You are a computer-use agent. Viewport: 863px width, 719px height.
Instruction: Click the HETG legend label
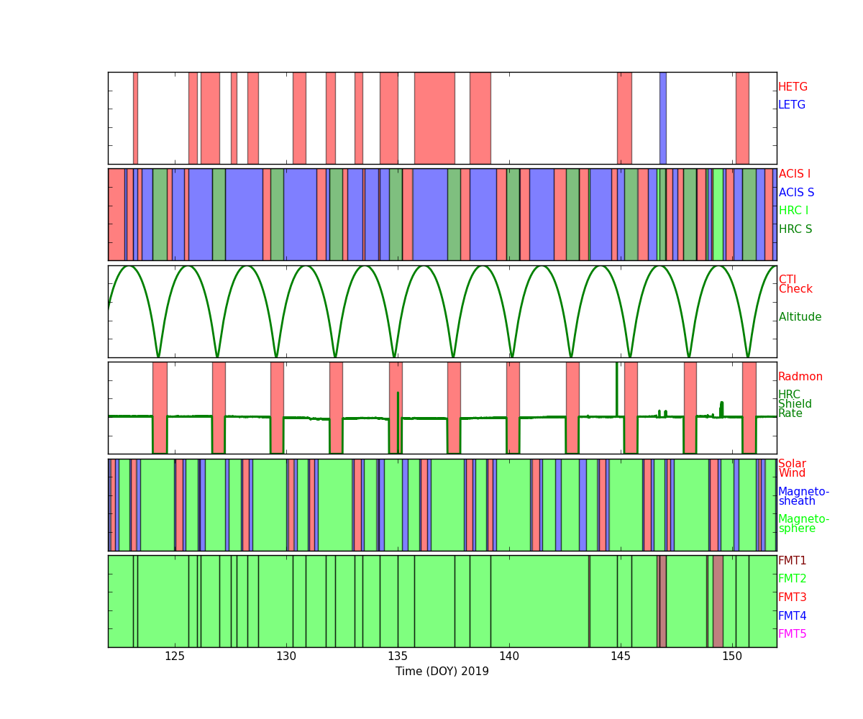(x=793, y=87)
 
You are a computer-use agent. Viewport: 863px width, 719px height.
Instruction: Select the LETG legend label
(x=791, y=105)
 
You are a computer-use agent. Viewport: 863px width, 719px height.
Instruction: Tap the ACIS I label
(x=794, y=174)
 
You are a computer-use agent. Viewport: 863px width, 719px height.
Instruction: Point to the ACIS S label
(x=796, y=193)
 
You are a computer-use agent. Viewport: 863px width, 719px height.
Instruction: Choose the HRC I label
(x=793, y=211)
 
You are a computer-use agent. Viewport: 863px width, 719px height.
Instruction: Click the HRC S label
(x=795, y=229)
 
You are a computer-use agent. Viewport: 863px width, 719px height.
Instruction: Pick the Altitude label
(x=800, y=317)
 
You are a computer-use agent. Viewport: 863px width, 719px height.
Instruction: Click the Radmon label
(x=800, y=377)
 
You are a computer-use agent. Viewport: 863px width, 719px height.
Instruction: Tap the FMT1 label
(x=792, y=561)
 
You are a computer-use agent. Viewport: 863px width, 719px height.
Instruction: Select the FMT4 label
(x=792, y=616)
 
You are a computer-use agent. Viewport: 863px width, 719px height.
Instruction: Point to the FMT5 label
(x=792, y=634)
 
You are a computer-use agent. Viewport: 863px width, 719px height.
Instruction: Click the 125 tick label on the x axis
(x=175, y=656)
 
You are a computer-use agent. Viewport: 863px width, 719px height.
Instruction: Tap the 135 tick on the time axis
(x=398, y=656)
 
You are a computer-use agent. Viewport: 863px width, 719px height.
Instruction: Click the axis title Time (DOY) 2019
(x=442, y=672)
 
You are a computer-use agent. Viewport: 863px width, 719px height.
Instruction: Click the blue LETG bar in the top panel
(x=662, y=118)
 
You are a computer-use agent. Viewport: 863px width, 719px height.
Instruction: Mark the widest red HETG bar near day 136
(x=434, y=118)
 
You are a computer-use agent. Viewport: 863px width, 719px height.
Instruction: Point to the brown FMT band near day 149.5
(x=718, y=601)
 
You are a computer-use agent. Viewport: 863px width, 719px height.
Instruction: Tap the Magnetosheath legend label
(x=803, y=496)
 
